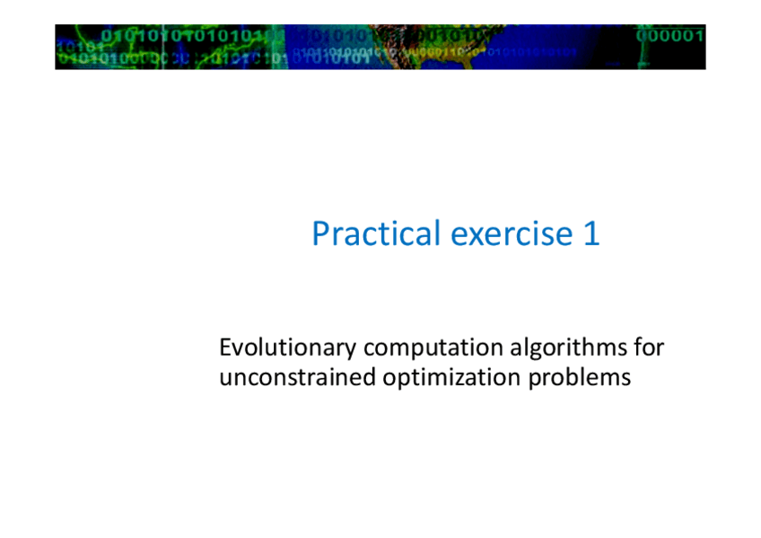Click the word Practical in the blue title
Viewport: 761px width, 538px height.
coord(376,233)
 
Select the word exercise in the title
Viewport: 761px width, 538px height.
coord(512,234)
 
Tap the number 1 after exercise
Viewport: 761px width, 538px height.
coord(591,233)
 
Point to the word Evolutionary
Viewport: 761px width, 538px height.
coord(287,348)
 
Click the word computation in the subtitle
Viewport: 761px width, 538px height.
coord(433,348)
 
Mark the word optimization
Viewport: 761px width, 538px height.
coord(451,378)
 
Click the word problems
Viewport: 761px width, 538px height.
coord(580,378)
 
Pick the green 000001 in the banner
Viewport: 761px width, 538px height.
coord(669,35)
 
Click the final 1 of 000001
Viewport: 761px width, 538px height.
coord(699,35)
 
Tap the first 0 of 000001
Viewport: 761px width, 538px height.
coord(642,35)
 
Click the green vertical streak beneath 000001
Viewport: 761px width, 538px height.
coord(644,55)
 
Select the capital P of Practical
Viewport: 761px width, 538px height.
coord(320,234)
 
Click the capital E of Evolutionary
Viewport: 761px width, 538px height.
coord(225,348)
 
